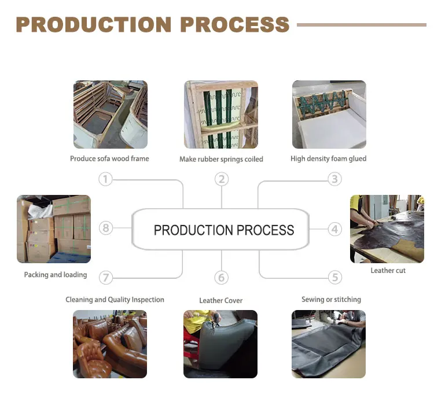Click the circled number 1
[x=105, y=179]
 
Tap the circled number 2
[x=221, y=179]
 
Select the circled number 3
[x=334, y=179]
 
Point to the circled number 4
[x=334, y=229]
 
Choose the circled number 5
[x=334, y=278]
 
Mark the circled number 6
[x=221, y=278]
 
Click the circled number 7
[x=105, y=278]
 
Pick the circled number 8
[x=105, y=228]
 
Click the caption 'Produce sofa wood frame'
[x=109, y=158]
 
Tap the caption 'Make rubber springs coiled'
[x=221, y=159]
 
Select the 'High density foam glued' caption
[x=328, y=158]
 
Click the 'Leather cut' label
[x=388, y=270]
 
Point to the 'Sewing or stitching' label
[x=331, y=300]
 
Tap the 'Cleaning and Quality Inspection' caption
[x=115, y=300]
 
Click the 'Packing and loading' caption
[x=56, y=275]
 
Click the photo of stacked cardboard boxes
[x=54, y=229]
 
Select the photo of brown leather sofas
[x=110, y=344]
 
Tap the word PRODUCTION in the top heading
[x=93, y=25]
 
